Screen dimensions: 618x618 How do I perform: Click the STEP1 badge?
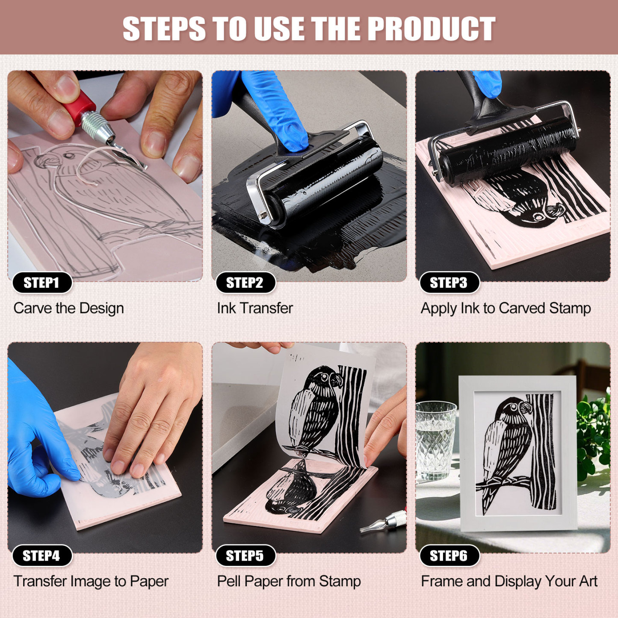point(41,283)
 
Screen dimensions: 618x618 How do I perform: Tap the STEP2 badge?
point(245,283)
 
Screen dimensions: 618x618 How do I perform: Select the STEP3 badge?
point(449,283)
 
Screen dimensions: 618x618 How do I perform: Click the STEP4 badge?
point(41,556)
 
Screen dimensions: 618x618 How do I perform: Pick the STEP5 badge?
point(245,556)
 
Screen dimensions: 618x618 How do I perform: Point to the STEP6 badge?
point(449,556)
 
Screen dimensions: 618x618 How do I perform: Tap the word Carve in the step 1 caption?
point(33,308)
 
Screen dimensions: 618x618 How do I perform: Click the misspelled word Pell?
point(229,581)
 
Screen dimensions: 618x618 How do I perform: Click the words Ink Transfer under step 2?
point(254,308)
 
